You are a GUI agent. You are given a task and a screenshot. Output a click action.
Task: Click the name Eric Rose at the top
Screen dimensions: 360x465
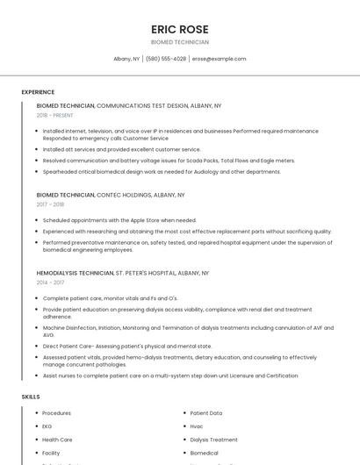pos(180,29)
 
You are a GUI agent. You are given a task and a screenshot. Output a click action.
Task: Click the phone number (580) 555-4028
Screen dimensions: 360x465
pos(167,59)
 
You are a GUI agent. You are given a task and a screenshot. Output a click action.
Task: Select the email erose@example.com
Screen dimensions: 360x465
pos(220,59)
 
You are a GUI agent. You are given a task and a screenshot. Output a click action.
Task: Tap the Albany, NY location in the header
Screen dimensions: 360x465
pos(126,59)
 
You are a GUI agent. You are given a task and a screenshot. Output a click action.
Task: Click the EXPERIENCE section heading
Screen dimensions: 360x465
pos(38,92)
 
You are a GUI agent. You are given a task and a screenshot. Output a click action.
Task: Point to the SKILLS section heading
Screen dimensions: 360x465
pos(31,397)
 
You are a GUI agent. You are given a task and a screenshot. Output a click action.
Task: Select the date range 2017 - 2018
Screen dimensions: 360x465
pos(50,204)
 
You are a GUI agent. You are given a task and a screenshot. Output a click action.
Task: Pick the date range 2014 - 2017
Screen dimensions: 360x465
pos(50,283)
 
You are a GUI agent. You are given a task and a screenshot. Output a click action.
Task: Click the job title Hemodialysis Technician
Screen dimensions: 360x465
pos(75,273)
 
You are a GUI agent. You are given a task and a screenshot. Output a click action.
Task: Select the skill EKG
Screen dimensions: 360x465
pos(47,426)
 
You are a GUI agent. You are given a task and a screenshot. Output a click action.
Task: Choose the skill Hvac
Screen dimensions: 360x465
pos(197,426)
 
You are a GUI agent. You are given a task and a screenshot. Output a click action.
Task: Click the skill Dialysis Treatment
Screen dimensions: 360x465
pos(213,440)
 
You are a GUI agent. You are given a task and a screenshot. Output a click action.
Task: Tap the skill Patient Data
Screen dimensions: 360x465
pos(206,413)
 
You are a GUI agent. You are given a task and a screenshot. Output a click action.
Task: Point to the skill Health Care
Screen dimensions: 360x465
pos(57,440)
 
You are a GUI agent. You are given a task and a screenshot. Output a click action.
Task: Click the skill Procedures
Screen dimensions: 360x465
pos(56,413)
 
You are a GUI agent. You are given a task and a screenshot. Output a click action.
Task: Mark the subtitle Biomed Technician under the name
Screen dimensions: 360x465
pos(180,42)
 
